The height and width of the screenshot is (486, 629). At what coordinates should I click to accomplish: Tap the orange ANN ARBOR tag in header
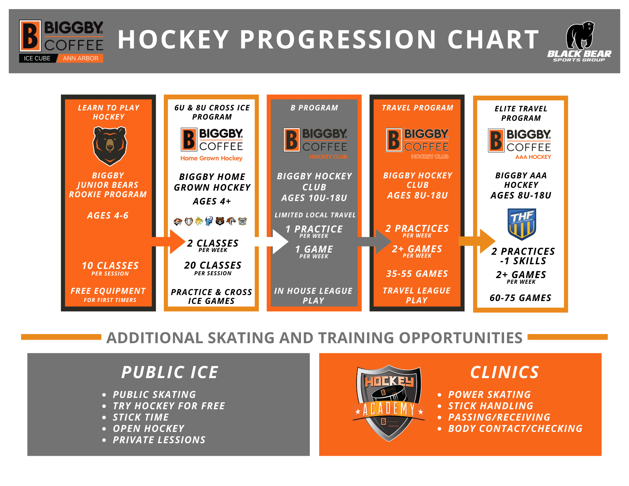[x=80, y=58]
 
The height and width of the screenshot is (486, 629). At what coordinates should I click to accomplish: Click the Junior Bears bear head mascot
[x=109, y=146]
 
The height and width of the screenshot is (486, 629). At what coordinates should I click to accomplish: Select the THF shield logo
[x=522, y=224]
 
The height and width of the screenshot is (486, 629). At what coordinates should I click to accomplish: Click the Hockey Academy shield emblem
[x=389, y=403]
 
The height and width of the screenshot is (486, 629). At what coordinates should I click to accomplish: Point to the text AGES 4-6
[x=108, y=215]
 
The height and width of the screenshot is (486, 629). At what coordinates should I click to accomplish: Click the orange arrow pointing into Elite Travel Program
[x=477, y=241]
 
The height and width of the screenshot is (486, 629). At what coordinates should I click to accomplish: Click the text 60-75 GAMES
[x=520, y=298]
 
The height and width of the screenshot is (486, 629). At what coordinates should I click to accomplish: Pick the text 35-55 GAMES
[x=417, y=274]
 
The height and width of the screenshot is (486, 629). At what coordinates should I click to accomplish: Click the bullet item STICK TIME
[x=141, y=417]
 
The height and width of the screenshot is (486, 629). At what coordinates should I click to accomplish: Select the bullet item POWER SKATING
[x=489, y=394]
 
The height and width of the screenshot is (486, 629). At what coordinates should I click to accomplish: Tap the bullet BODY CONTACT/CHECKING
[x=515, y=428]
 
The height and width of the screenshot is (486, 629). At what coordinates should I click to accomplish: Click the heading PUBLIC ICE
[x=170, y=372]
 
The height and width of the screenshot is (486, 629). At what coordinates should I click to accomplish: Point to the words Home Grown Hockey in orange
[x=211, y=158]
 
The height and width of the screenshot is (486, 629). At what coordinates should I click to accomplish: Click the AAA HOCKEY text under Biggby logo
[x=533, y=157]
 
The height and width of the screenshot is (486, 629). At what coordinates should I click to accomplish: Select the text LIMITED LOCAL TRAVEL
[x=315, y=215]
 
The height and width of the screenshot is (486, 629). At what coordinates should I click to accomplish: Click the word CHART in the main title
[x=493, y=40]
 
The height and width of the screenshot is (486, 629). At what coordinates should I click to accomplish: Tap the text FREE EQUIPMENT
[x=108, y=291]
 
